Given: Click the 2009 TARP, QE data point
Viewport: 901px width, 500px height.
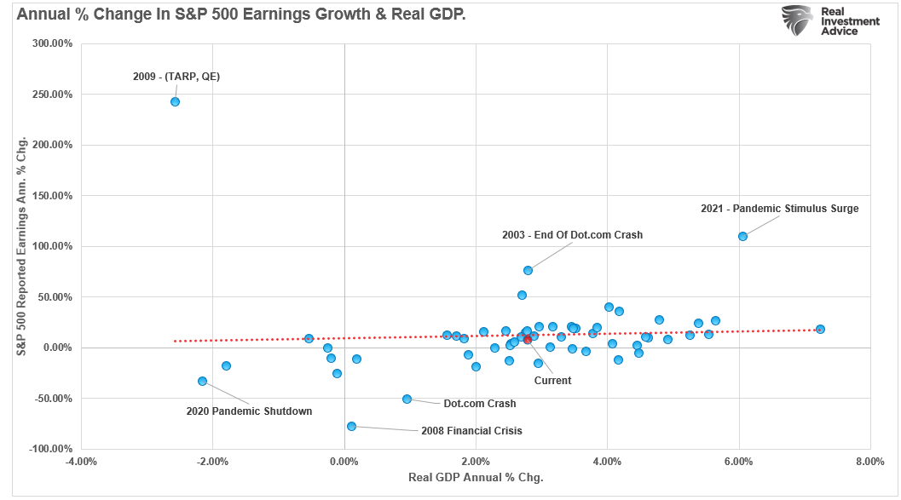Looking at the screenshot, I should click(x=175, y=101).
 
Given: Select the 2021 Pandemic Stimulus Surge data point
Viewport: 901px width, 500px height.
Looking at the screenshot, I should click(x=742, y=236).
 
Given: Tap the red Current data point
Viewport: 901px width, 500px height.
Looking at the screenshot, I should click(x=528, y=339).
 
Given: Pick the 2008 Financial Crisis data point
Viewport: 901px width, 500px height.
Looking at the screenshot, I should click(x=351, y=426).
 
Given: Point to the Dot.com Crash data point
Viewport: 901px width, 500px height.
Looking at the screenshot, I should click(x=407, y=399).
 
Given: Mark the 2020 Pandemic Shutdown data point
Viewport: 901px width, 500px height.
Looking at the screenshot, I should click(x=202, y=381).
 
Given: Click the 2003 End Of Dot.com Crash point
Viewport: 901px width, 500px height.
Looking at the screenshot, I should click(x=528, y=270).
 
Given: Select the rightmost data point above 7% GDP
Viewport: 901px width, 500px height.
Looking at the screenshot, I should click(x=820, y=329).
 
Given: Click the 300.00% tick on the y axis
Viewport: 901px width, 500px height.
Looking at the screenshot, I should click(x=51, y=43).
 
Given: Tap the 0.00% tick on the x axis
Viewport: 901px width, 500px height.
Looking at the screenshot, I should click(x=344, y=462).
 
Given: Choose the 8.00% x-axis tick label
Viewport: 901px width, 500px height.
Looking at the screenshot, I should click(x=869, y=462).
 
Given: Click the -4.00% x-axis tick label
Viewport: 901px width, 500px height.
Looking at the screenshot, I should click(x=81, y=462).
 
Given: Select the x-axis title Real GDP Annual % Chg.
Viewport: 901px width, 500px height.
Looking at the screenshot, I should click(x=476, y=478).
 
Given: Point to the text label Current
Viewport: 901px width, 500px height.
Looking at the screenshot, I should click(x=552, y=381).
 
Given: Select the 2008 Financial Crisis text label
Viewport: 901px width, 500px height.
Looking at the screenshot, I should click(x=471, y=431).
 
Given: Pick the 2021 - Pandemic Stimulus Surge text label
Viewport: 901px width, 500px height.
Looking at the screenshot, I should click(x=779, y=208).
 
